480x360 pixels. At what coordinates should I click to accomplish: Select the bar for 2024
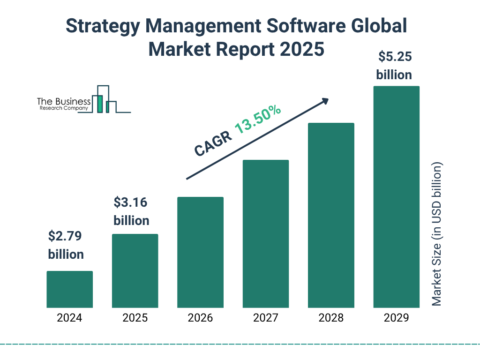[x=69, y=289]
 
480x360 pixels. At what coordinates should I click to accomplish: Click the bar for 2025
[x=135, y=271]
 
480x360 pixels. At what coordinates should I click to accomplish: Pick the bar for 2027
[x=265, y=234]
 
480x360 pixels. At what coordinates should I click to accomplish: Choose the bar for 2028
[x=331, y=216]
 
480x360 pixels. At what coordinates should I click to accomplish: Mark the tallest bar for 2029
[x=396, y=197]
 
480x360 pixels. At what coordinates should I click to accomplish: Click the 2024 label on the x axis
[x=69, y=318]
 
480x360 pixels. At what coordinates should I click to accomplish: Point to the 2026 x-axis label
[x=200, y=318]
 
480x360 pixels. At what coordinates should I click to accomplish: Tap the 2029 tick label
[x=396, y=318]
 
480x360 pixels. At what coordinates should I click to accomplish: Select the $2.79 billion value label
[x=66, y=245]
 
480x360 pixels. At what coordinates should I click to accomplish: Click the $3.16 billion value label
[x=131, y=211]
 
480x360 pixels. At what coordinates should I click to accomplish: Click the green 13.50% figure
[x=257, y=119]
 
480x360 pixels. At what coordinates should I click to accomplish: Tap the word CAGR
[x=213, y=143]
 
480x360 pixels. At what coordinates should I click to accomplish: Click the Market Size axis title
[x=436, y=234]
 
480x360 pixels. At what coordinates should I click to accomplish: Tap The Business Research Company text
[x=64, y=104]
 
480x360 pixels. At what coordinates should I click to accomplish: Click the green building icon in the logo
[x=99, y=104]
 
